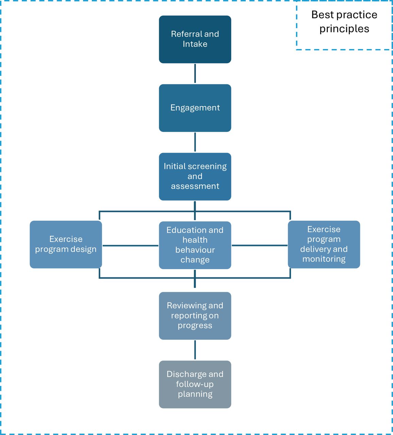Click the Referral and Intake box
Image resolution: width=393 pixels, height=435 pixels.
pos(195,39)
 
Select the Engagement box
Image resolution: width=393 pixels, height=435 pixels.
pos(195,108)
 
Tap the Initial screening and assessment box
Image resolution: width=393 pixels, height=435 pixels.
pos(195,176)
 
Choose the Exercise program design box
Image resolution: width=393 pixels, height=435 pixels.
pos(66,244)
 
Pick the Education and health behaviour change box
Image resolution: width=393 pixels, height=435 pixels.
pos(195,245)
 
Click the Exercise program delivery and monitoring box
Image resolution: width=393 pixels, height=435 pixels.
pos(324,244)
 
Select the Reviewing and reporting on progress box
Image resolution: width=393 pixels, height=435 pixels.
pos(195,316)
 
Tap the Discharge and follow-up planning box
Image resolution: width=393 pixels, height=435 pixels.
pos(195,384)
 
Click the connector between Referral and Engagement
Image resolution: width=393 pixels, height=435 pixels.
pos(195,73)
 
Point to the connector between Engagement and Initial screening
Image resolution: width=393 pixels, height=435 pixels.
pos(195,142)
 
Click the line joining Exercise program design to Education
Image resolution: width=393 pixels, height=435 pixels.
pos(131,245)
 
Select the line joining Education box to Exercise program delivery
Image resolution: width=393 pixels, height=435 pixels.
pos(259,245)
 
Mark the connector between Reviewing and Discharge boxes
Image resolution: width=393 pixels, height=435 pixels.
pos(195,350)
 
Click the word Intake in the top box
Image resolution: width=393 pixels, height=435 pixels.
pos(195,44)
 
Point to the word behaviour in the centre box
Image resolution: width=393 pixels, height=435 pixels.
pos(195,250)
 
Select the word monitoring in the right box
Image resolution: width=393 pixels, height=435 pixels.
pos(324,259)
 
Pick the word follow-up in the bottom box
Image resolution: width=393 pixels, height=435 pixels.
pos(195,384)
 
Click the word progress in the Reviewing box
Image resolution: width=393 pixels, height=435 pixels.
pos(195,326)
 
